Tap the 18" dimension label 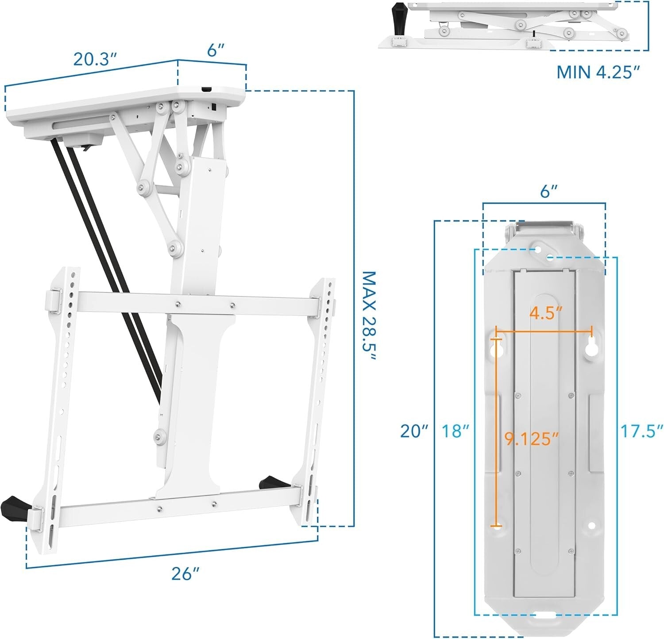(455, 431)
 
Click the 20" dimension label (414, 431)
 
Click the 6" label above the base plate (548, 192)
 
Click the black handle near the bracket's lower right (270, 481)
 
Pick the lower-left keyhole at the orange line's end (497, 527)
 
